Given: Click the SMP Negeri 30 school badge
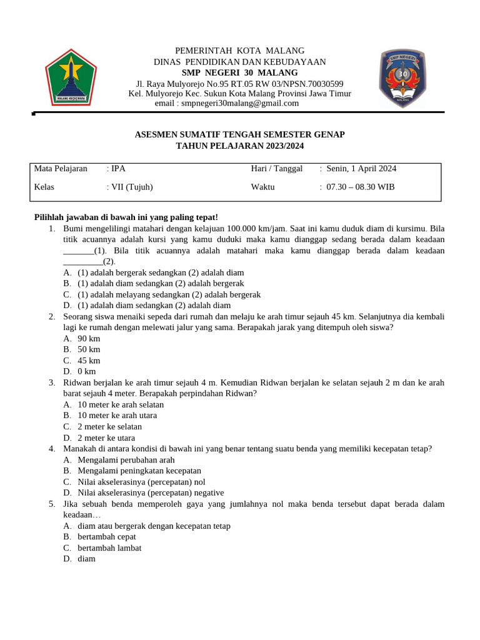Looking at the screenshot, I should [x=403, y=77].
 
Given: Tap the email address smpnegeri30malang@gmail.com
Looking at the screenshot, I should [x=239, y=103].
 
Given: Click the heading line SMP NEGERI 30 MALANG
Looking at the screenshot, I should [x=239, y=72].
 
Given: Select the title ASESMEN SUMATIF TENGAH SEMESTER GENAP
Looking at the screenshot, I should [x=240, y=134].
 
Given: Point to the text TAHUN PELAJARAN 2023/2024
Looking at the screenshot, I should [x=240, y=146].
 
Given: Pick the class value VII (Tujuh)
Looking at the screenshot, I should [x=131, y=187].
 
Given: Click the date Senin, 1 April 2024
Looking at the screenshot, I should [x=361, y=169].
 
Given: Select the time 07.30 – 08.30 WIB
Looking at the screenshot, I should [x=361, y=187].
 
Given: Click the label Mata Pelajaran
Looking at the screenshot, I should [x=61, y=169].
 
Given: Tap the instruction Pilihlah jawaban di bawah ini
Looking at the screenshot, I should [x=126, y=217].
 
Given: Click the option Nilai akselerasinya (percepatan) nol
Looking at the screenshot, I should [x=142, y=482].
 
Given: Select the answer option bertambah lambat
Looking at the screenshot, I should [x=109, y=547].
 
